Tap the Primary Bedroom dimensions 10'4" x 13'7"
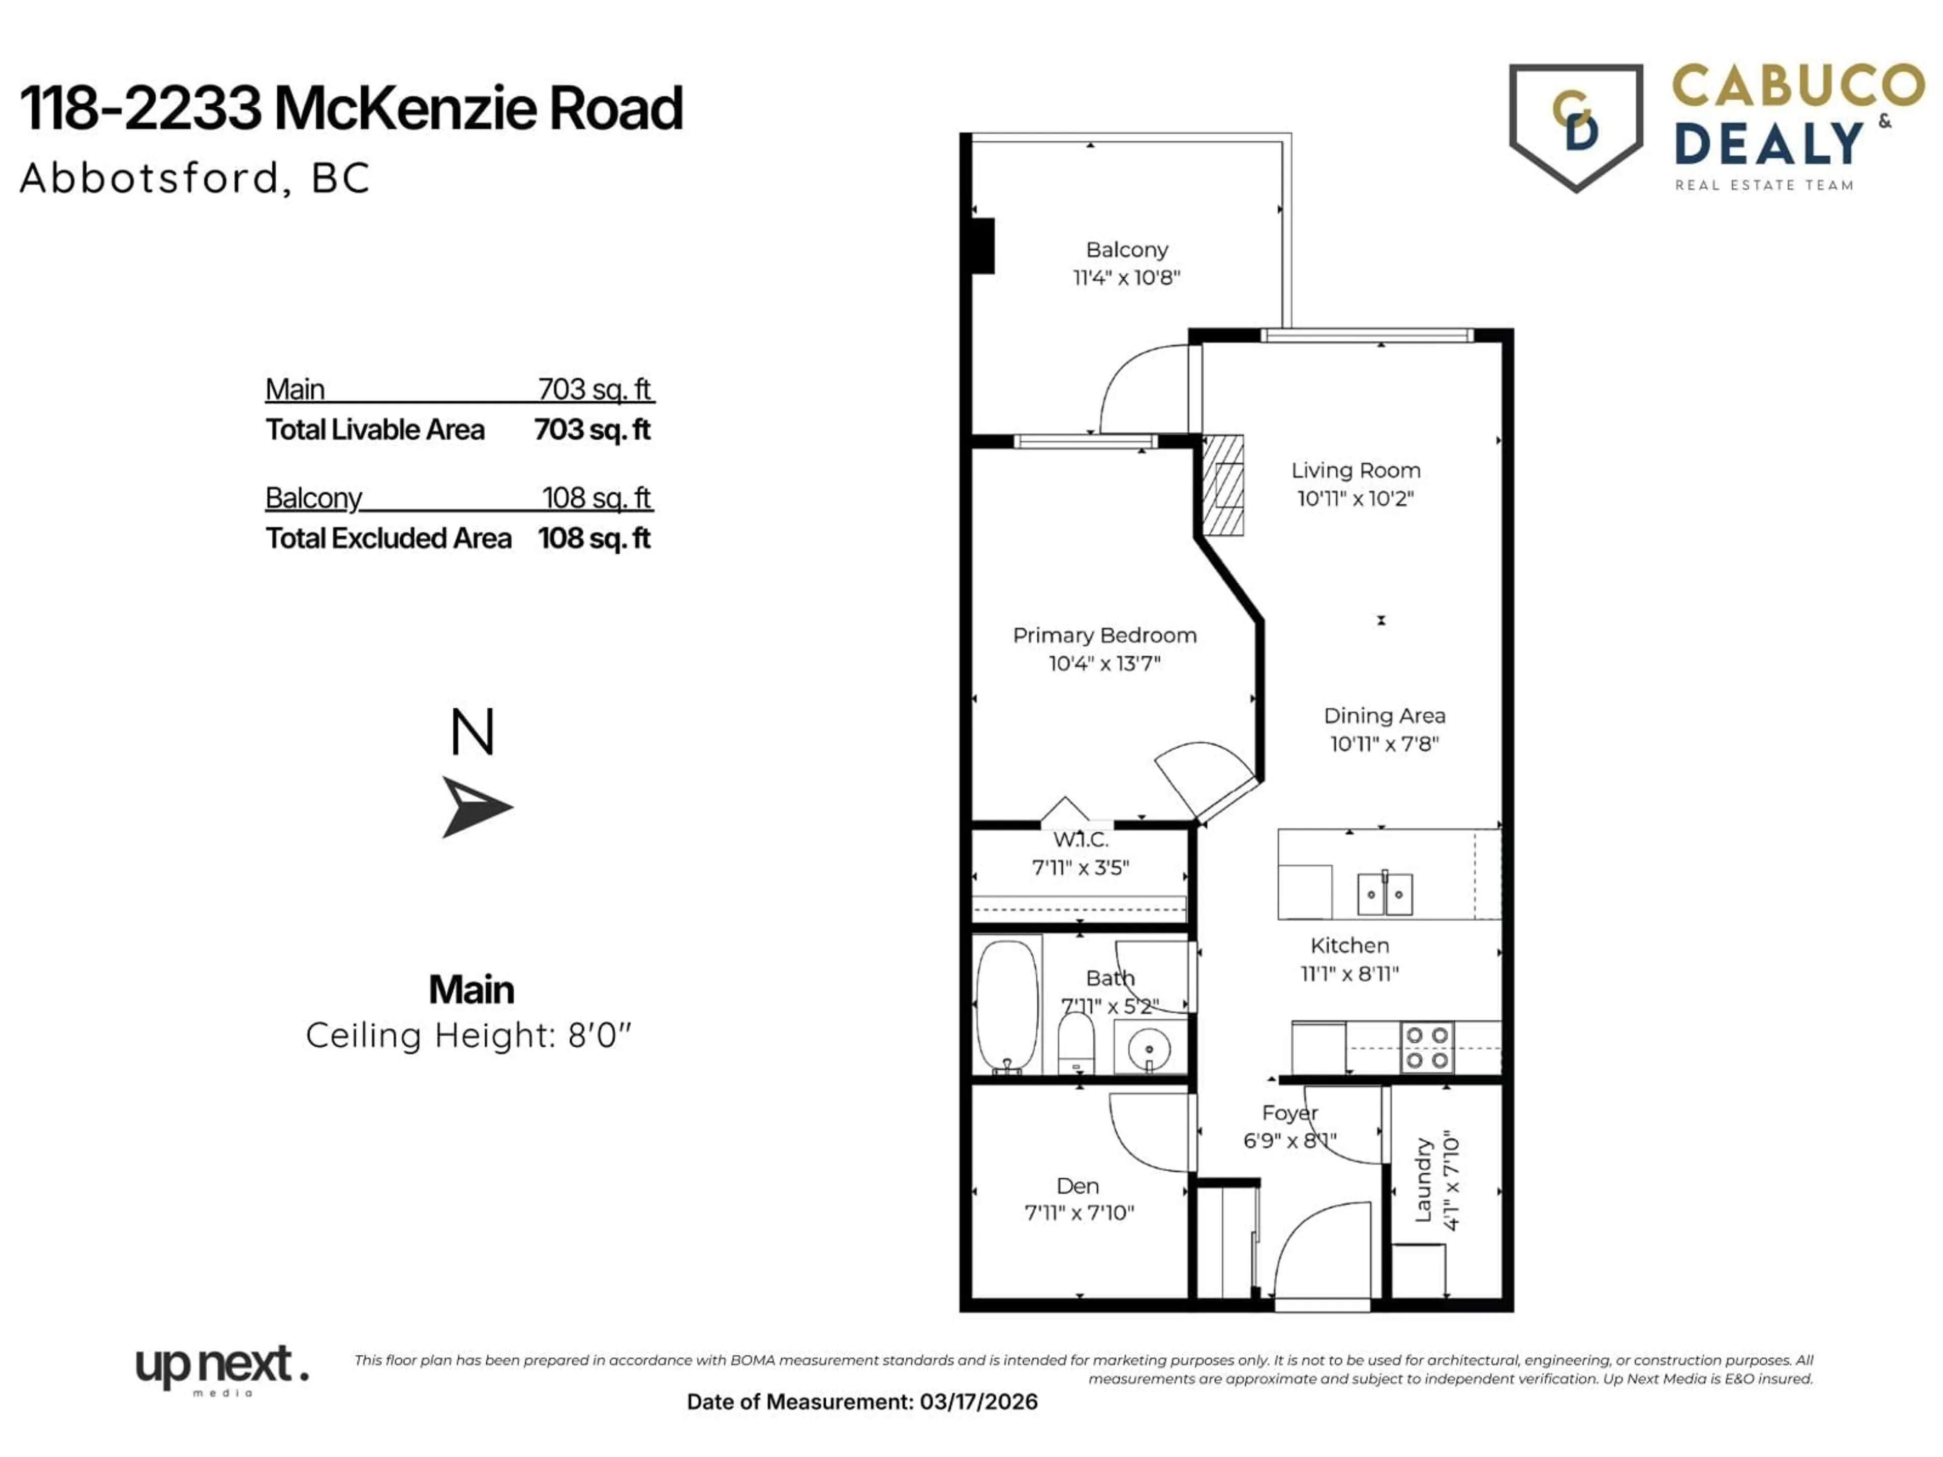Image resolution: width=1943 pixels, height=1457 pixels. [1104, 663]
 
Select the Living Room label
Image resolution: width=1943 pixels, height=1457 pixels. [1356, 470]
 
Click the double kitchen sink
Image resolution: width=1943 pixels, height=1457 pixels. [1385, 894]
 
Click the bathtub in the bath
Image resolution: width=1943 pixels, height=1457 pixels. [1006, 1006]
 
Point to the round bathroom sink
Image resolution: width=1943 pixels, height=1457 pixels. [1148, 1048]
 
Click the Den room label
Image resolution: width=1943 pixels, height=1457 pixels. [1078, 1186]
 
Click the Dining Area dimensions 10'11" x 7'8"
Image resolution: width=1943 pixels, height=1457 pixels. [1384, 744]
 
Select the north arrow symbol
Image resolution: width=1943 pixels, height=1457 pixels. [474, 806]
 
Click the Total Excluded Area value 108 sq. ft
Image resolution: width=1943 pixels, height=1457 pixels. [594, 538]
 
